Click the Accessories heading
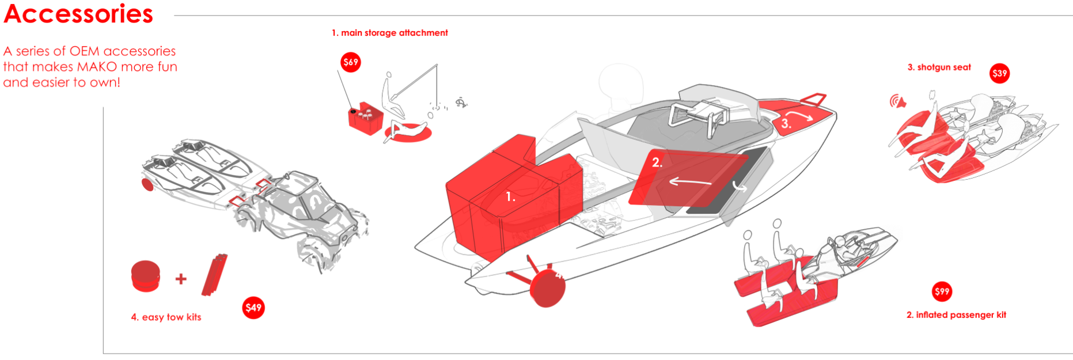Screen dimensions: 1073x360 click(x=78, y=14)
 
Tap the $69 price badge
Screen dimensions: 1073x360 click(x=351, y=62)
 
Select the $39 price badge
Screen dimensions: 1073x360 click(x=999, y=73)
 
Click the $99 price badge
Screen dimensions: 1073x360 click(x=942, y=291)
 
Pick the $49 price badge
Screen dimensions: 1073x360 click(x=253, y=308)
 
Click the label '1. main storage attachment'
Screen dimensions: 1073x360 click(x=389, y=33)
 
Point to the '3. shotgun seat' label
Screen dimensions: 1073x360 click(x=939, y=67)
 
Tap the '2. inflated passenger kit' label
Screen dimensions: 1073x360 click(x=956, y=315)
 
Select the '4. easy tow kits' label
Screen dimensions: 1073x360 click(x=166, y=317)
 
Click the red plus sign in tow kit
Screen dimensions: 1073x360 click(x=181, y=279)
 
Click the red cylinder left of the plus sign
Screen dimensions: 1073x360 click(x=145, y=276)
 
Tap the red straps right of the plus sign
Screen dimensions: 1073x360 click(x=214, y=274)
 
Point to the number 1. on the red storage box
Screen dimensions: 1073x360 click(x=510, y=197)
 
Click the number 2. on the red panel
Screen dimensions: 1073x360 click(x=657, y=163)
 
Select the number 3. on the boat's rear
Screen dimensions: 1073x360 click(x=786, y=123)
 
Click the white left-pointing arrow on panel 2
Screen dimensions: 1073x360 click(x=689, y=182)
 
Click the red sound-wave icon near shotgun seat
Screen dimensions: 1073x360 click(x=897, y=102)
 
